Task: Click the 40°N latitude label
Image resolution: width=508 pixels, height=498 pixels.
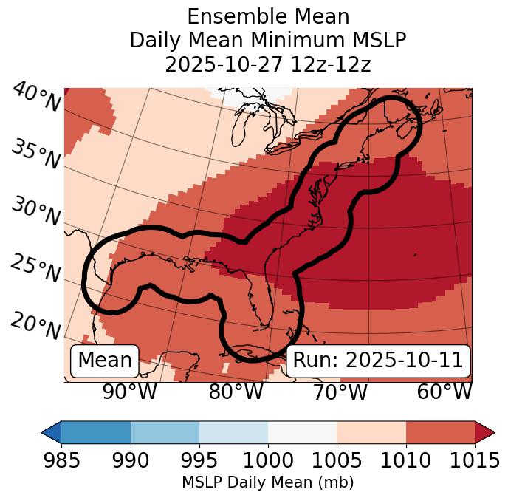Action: click(x=36, y=98)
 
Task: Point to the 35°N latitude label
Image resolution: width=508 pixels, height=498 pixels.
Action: click(x=35, y=154)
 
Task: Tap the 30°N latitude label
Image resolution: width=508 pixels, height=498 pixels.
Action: click(x=35, y=212)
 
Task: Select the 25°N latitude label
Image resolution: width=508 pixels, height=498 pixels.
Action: click(x=35, y=268)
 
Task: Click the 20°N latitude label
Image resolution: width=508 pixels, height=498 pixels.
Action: click(x=35, y=326)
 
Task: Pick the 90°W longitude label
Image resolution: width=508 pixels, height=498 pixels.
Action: click(x=130, y=392)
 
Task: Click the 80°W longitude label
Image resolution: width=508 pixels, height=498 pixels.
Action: click(x=236, y=392)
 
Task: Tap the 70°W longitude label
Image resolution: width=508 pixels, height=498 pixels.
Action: click(x=340, y=392)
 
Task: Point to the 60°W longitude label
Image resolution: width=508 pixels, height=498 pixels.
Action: click(x=444, y=392)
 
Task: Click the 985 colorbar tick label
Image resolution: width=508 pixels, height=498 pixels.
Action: click(x=61, y=461)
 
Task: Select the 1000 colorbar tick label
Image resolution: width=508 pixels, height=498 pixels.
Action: click(x=268, y=461)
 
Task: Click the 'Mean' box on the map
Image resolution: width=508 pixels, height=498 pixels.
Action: click(x=105, y=361)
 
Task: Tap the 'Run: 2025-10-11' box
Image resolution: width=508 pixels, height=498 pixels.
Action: click(x=378, y=361)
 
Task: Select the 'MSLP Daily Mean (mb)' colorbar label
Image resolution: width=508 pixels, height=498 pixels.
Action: click(x=268, y=482)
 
